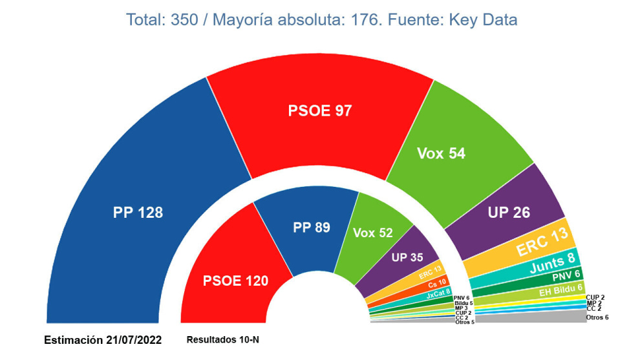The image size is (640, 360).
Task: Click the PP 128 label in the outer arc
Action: (138, 212)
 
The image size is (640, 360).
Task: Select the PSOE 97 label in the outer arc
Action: (320, 111)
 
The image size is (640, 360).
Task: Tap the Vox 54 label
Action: (442, 153)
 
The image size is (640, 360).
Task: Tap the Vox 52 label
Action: (373, 232)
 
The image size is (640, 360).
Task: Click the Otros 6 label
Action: (597, 317)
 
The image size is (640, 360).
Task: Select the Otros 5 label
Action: (464, 322)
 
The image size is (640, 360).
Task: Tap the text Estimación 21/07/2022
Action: (103, 340)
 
